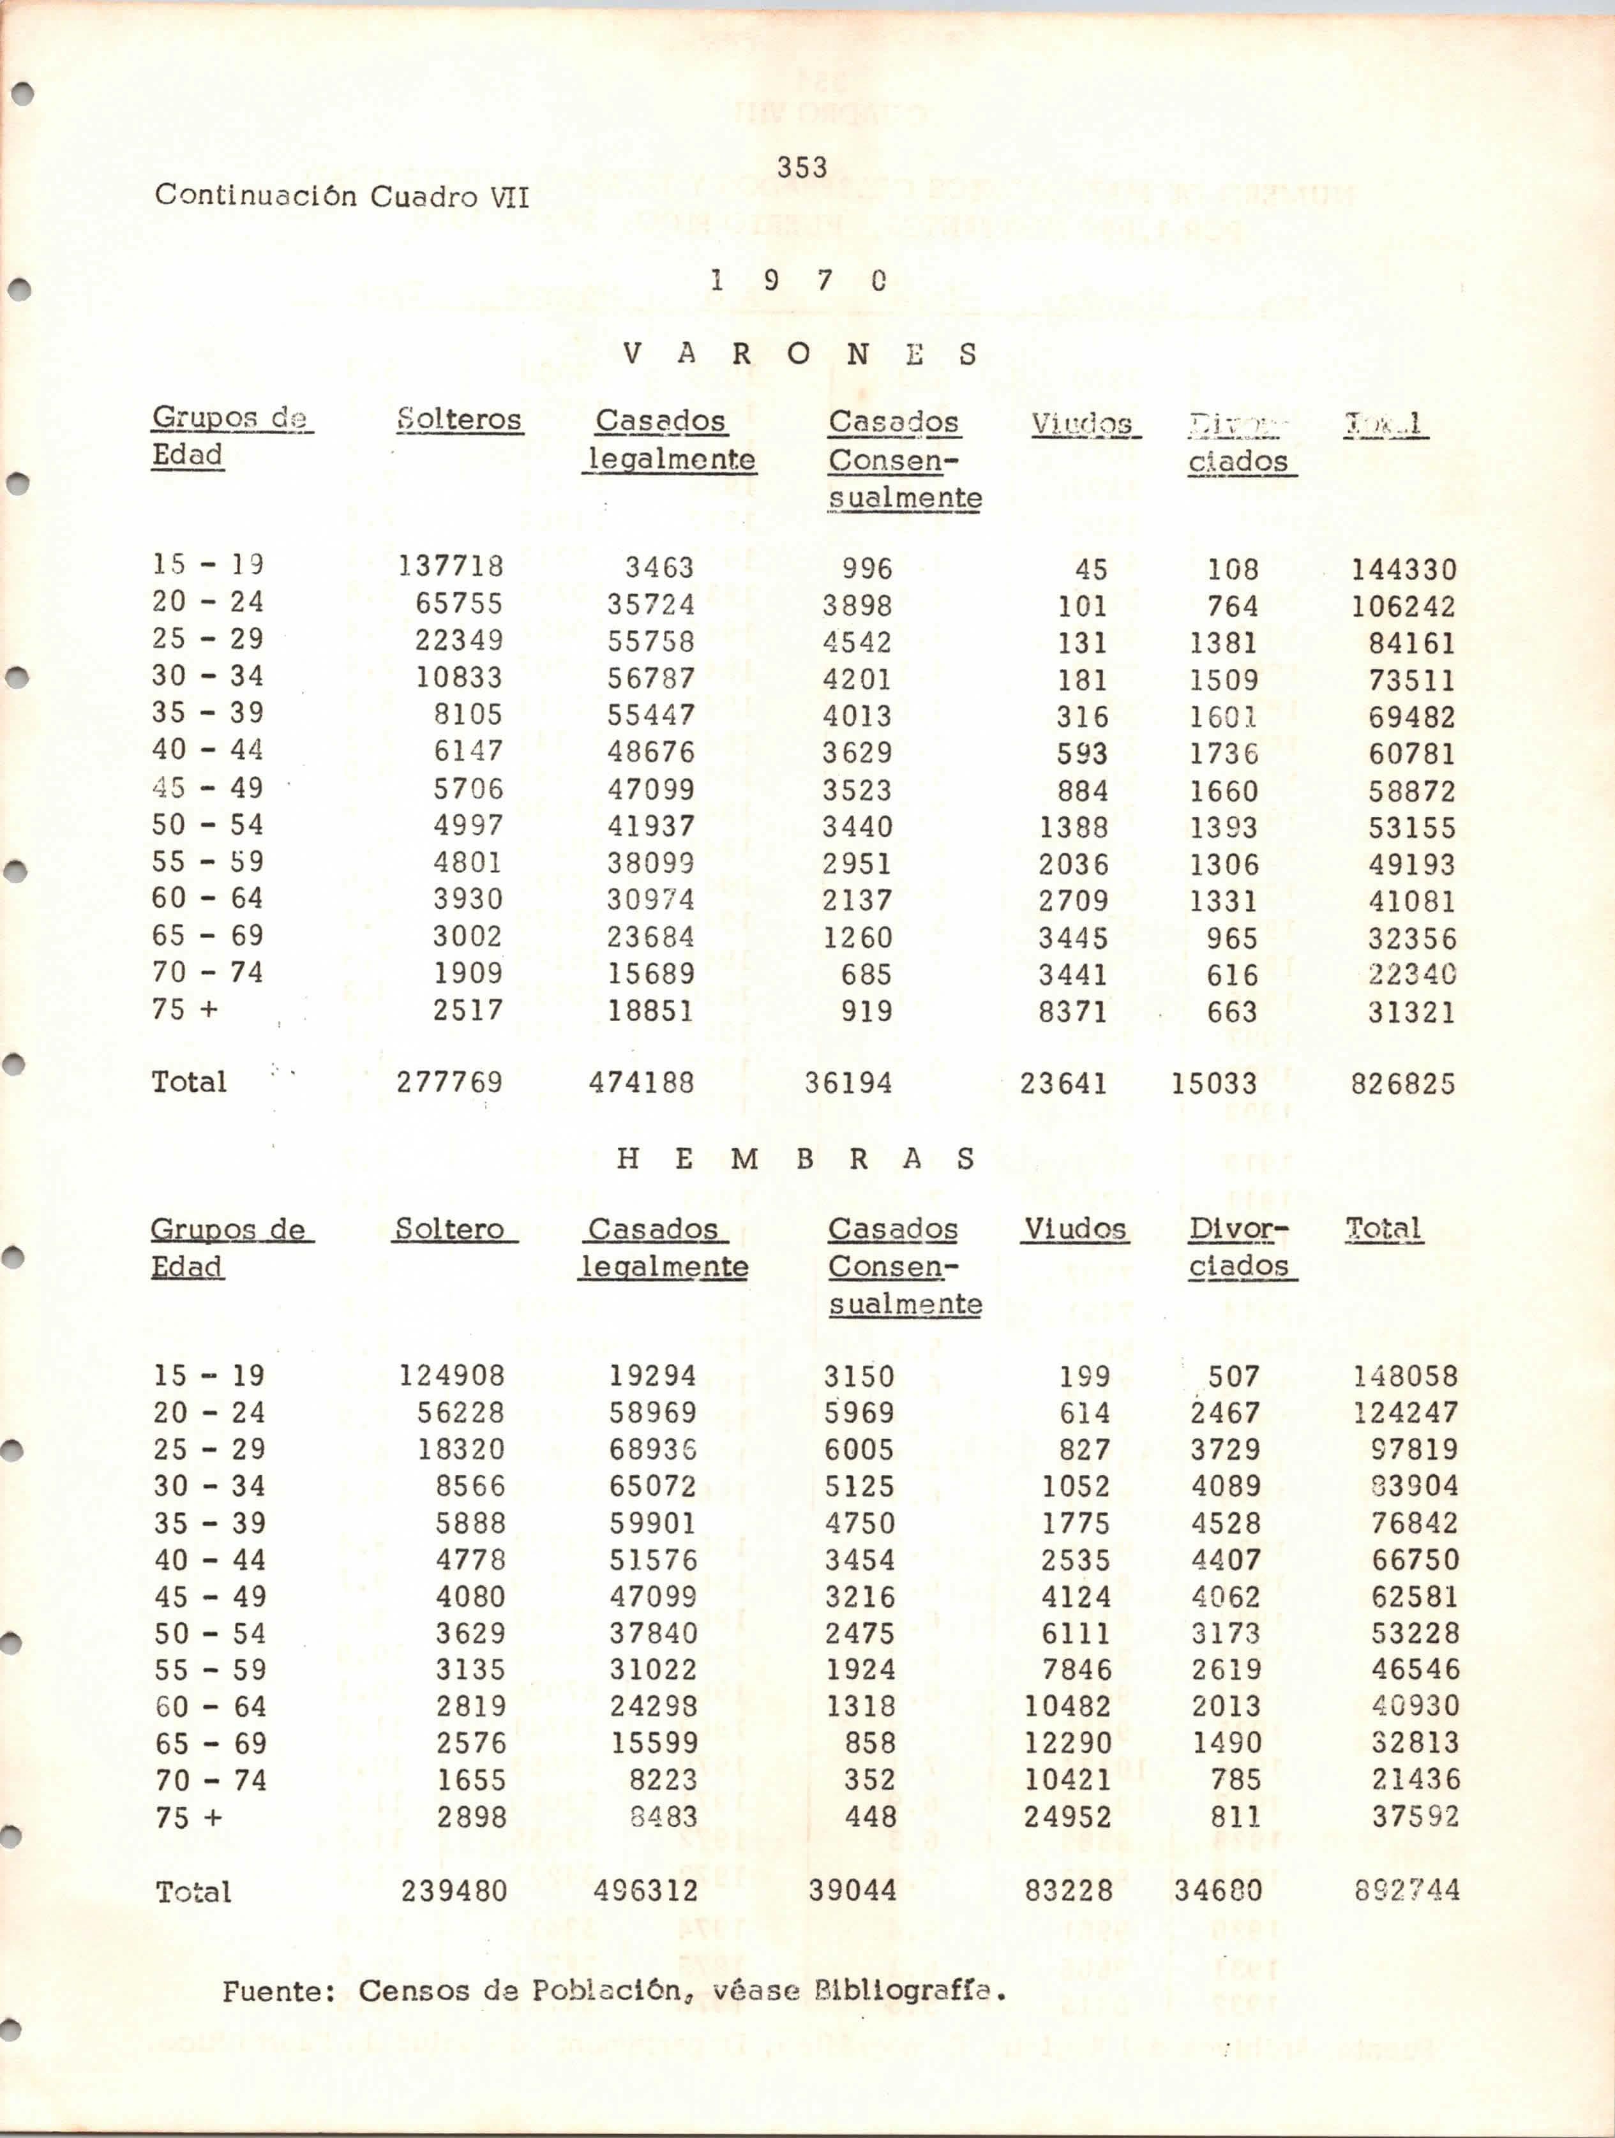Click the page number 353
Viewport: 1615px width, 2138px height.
tap(801, 168)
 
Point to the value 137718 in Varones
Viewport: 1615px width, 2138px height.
tap(451, 565)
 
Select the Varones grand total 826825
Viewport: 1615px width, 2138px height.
tap(1402, 1084)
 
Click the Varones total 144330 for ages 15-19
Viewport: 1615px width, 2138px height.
tap(1402, 569)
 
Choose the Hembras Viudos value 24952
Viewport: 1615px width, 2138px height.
tap(1068, 1816)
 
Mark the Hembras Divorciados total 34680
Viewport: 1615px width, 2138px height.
tap(1218, 1890)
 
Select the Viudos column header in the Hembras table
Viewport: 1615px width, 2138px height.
tap(1075, 1229)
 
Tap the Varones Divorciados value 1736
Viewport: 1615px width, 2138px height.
tap(1224, 753)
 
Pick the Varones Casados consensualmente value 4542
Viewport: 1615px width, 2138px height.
tap(857, 642)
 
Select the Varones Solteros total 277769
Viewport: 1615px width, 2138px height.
tap(449, 1082)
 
